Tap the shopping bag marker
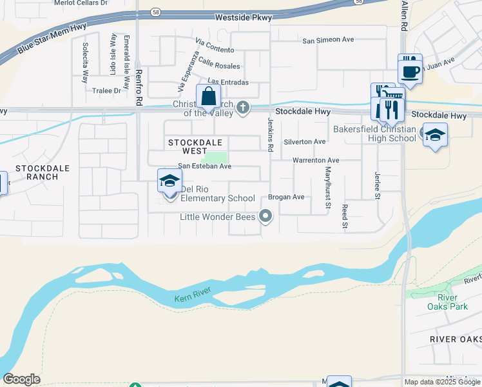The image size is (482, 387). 208,98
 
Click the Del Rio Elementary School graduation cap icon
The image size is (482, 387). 169,181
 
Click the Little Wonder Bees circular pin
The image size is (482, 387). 266,217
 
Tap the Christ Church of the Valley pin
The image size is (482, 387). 242,108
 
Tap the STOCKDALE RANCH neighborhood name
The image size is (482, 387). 42,172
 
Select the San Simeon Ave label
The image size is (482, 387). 329,40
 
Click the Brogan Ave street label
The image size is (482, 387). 286,197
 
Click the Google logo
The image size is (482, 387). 21,379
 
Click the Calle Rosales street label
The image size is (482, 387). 219,63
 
